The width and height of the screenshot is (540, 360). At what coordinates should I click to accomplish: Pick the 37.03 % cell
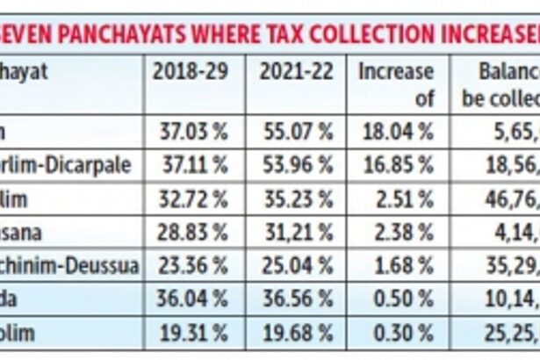click(x=194, y=133)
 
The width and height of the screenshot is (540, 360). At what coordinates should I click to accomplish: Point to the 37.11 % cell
click(x=194, y=166)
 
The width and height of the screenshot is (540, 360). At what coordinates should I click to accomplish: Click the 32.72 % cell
click(x=194, y=199)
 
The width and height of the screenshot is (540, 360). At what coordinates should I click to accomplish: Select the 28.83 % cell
click(x=194, y=234)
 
